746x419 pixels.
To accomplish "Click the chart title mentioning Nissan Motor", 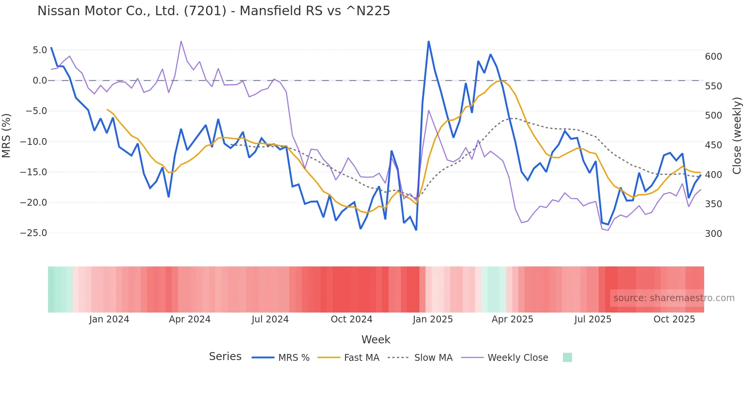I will [x=214, y=11].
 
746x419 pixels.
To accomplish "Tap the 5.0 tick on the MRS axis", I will [x=40, y=50].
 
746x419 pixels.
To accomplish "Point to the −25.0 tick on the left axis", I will [x=33, y=233].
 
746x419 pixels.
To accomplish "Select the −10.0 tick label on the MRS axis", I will [x=33, y=142].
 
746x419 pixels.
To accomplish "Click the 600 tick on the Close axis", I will [x=713, y=57].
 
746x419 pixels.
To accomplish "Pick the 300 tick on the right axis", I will [x=713, y=234].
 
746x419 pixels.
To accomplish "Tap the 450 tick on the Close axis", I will [x=713, y=145].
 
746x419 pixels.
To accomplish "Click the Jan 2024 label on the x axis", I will [x=109, y=319].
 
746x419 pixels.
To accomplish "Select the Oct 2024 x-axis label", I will [x=351, y=319].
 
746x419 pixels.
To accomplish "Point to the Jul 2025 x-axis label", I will [x=593, y=319].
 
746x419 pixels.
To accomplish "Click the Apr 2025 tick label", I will [x=512, y=319].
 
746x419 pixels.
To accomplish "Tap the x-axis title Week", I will [x=376, y=340].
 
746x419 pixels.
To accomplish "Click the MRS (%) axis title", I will [x=6, y=136].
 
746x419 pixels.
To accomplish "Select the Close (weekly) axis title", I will [x=737, y=136].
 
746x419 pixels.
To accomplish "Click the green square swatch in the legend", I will [x=567, y=357].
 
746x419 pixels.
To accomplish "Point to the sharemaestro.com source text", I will [x=674, y=298].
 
